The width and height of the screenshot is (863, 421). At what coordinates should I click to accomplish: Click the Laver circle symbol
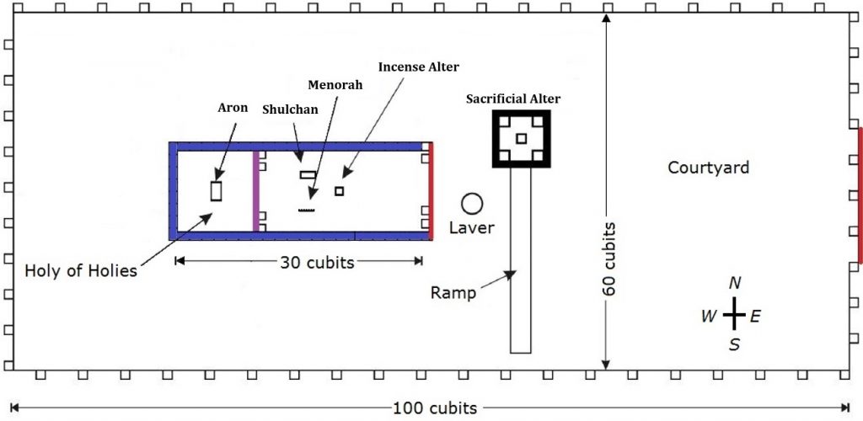471,203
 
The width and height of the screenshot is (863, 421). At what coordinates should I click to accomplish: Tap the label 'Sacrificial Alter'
513,99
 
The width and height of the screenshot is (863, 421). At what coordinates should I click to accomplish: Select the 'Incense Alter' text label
419,66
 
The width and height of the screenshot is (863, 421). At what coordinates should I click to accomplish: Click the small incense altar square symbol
339,191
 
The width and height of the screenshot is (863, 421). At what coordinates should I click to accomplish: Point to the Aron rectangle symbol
217,190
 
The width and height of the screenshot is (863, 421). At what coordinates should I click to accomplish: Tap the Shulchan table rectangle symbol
308,175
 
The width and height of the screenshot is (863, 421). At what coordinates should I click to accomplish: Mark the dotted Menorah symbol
307,210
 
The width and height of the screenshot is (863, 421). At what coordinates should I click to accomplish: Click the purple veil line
255,191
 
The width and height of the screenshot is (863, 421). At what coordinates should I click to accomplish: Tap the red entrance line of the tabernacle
431,191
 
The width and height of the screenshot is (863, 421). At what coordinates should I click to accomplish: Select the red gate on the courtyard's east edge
860,195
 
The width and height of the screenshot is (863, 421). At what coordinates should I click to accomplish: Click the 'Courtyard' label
708,168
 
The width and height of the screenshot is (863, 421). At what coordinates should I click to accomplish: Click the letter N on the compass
735,283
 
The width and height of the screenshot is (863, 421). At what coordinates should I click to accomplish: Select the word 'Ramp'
454,293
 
